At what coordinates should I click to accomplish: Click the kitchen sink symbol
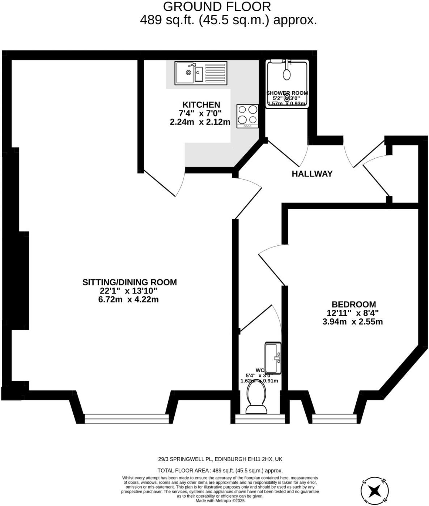[201, 73]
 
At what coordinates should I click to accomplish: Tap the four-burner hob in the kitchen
[247, 116]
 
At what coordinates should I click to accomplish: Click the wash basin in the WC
[273, 357]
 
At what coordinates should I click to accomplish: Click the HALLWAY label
[312, 174]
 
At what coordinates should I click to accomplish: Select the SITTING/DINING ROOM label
[129, 282]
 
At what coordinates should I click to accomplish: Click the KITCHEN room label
[201, 105]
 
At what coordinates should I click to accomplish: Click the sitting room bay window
[126, 419]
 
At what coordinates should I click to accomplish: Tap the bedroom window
[334, 419]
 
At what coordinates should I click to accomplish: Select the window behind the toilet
[260, 419]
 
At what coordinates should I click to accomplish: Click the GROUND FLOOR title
[217, 7]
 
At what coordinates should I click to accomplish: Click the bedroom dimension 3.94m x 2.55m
[352, 322]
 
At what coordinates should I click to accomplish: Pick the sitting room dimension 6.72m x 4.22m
[128, 300]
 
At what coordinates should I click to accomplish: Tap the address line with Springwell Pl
[220, 459]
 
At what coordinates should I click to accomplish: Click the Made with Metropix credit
[220, 501]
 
